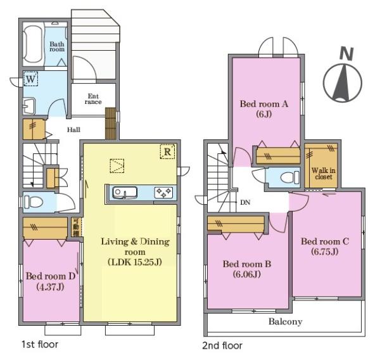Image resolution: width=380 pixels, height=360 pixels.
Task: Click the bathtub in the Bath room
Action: (33, 44)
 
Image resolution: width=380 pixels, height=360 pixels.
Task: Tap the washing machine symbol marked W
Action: (31, 79)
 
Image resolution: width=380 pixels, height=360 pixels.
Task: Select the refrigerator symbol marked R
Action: (167, 152)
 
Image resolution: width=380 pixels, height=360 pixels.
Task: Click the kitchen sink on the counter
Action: (125, 193)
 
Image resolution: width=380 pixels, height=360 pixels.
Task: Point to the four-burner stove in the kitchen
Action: (163, 193)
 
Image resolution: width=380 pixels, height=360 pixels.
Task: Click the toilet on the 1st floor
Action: (33, 202)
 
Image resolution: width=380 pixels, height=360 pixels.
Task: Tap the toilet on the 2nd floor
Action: (290, 177)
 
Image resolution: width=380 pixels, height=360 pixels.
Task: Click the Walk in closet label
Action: (323, 174)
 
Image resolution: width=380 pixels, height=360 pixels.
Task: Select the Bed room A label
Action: (264, 104)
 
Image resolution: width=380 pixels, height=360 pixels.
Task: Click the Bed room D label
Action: (51, 276)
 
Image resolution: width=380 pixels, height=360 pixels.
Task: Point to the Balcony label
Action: (285, 322)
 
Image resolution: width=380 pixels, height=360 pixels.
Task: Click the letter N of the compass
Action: (346, 54)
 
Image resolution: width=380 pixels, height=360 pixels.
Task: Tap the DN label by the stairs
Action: (245, 202)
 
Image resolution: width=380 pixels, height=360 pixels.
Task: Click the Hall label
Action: (73, 129)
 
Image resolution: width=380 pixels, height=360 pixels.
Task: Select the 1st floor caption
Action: (40, 344)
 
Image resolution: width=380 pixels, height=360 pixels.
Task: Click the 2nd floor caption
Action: (222, 345)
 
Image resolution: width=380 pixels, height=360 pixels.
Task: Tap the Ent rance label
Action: (93, 99)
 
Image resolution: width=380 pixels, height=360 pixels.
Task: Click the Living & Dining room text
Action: (135, 247)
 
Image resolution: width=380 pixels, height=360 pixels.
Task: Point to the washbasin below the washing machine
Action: (29, 106)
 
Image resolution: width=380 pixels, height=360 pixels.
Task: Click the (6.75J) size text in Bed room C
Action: (325, 252)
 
